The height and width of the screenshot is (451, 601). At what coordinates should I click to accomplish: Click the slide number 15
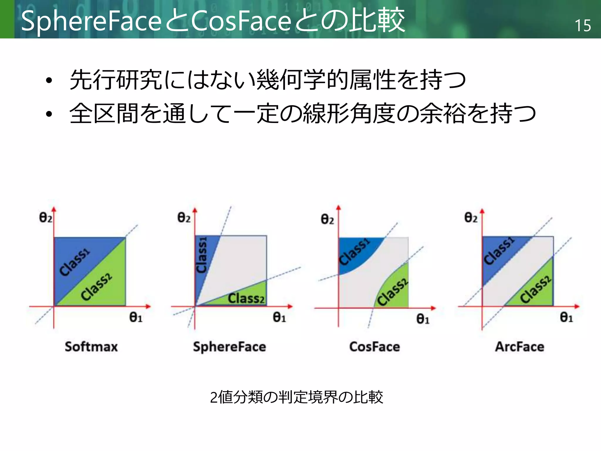pos(583,26)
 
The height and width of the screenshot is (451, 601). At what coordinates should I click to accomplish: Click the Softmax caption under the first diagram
pos(91,347)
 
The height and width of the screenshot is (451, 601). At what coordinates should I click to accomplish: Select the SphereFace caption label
pos(229,347)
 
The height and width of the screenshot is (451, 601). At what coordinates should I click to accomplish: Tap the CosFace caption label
pos(374,347)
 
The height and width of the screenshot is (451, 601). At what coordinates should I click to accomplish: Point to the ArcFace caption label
pos(519,347)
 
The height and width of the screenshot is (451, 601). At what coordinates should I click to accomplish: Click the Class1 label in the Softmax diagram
pos(75,262)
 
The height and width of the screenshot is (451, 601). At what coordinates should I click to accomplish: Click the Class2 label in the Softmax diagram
pos(97,287)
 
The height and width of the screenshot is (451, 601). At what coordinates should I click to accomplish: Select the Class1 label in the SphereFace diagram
pos(202,255)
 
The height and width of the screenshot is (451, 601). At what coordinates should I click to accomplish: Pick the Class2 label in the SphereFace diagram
pos(246,299)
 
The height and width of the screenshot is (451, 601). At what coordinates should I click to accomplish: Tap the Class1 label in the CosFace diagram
pos(354,252)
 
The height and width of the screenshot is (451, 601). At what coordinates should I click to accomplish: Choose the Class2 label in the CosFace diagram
pos(393,292)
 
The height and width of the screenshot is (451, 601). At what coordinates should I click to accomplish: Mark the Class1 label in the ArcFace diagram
pos(499,251)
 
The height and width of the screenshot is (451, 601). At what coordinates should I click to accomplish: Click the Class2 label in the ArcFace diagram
pos(536,289)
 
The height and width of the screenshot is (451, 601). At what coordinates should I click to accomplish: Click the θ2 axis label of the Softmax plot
pos(45,218)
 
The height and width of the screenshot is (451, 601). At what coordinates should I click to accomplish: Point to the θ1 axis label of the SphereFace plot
pos(279,317)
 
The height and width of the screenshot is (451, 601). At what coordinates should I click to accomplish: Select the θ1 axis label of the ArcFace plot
pos(566,317)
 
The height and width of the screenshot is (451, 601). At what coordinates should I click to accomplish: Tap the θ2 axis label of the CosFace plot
pos(327,219)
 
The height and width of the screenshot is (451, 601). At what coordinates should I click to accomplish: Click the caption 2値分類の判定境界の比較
pos(296,397)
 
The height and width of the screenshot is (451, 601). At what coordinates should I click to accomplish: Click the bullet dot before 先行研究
pos(49,80)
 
